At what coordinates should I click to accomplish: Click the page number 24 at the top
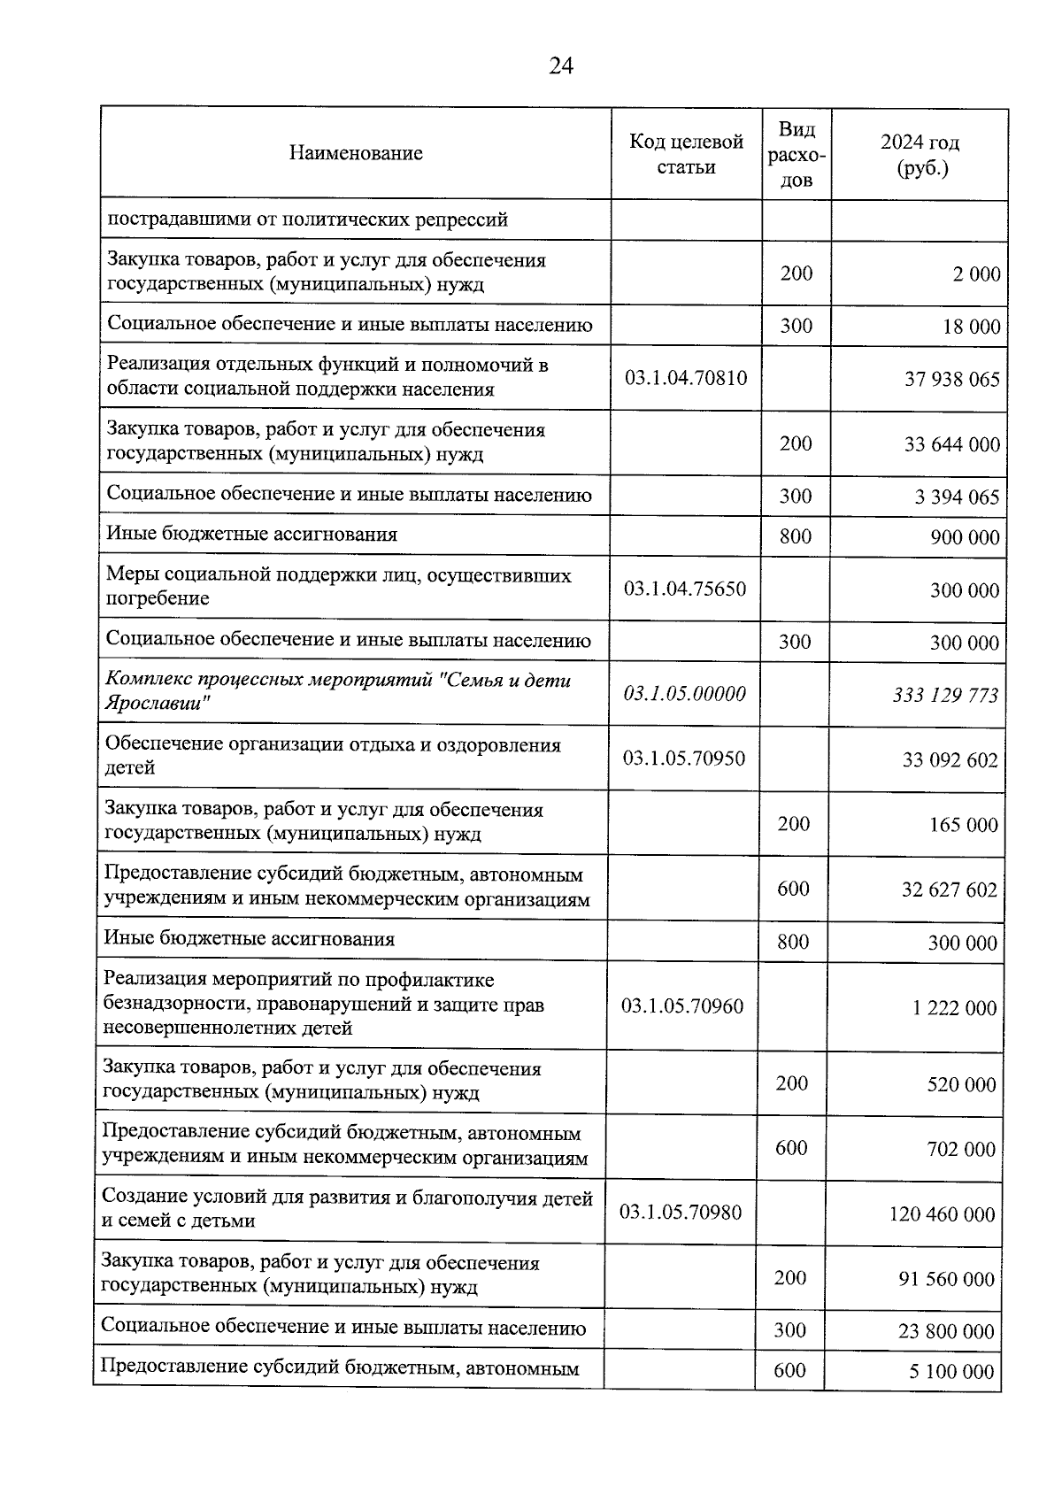[561, 66]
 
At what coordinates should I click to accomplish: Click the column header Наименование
[355, 153]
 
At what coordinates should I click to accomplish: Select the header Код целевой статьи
[686, 154]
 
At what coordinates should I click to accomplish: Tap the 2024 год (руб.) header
[920, 155]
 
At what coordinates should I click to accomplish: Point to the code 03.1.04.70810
[686, 378]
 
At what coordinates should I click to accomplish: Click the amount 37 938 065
[951, 380]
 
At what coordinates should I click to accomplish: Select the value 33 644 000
[951, 444]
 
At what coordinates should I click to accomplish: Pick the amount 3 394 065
[957, 497]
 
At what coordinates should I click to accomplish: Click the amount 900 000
[965, 538]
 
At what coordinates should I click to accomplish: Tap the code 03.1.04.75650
[685, 589]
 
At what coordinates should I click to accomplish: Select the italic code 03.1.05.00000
[684, 693]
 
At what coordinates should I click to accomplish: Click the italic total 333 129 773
[945, 696]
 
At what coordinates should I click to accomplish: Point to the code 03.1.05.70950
[684, 758]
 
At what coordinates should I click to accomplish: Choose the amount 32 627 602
[949, 890]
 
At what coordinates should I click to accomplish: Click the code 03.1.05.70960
[682, 1005]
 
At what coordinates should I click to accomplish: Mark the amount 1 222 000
[954, 1008]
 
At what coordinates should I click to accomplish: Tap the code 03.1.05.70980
[681, 1212]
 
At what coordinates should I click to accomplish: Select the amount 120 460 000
[942, 1214]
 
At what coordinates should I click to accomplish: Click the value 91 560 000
[946, 1279]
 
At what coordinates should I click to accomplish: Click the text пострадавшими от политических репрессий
[307, 220]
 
